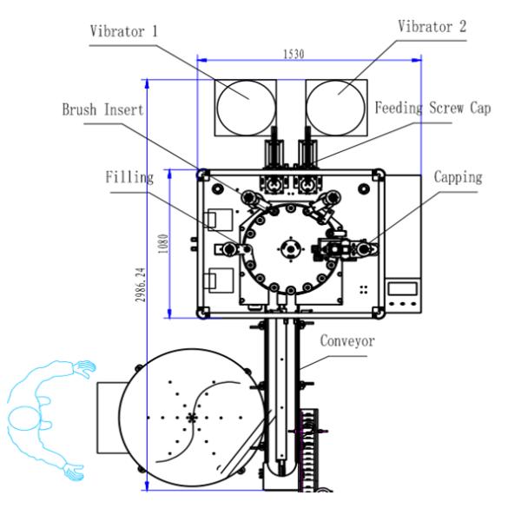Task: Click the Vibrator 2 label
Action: click(432, 25)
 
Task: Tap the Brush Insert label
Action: click(102, 110)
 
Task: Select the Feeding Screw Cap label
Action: click(426, 109)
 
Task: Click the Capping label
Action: click(457, 176)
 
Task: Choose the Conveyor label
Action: click(346, 341)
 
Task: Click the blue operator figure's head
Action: click(22, 419)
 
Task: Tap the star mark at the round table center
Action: click(193, 418)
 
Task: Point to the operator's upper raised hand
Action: click(83, 368)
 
